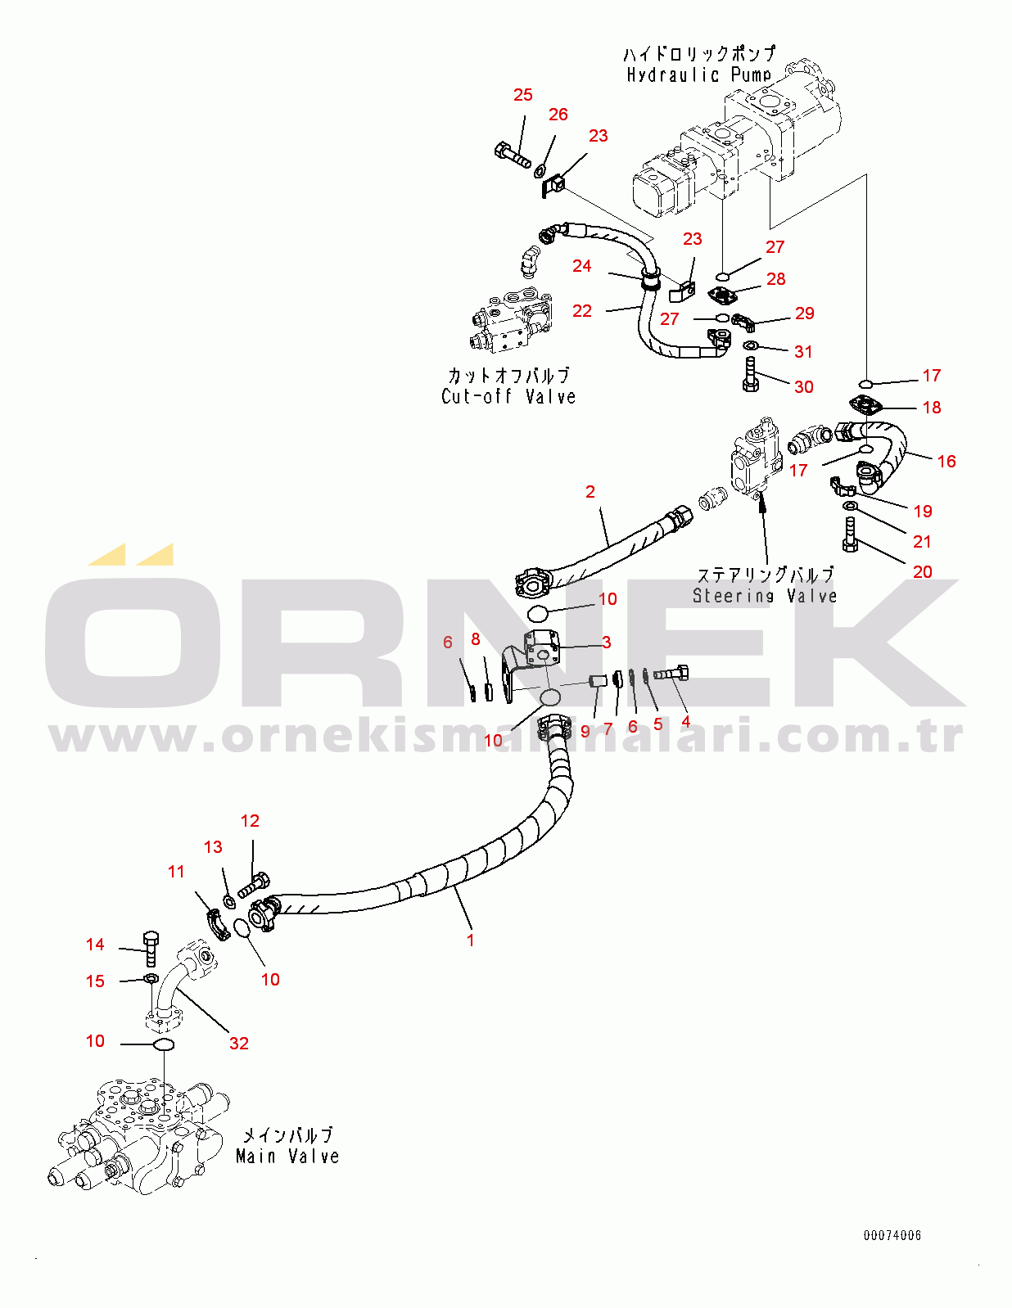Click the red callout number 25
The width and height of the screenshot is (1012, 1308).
522,95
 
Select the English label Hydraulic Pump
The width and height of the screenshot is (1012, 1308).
698,75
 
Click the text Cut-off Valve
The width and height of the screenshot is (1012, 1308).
508,397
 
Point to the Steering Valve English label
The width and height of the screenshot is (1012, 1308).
765,596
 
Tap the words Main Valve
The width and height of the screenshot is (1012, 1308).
287,1157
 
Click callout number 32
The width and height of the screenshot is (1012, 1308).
238,1043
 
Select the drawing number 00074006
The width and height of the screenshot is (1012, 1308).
892,1235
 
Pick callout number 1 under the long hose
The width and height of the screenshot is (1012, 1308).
471,940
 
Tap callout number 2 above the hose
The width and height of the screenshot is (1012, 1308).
590,491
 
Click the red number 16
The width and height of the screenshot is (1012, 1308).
946,461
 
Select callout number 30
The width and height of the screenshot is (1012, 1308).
804,386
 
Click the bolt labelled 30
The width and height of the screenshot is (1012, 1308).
750,374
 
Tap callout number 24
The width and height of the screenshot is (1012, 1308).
581,265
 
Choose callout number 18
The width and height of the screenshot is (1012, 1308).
932,407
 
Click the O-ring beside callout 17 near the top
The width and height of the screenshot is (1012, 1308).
866,383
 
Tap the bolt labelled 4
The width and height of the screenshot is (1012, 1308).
671,674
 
